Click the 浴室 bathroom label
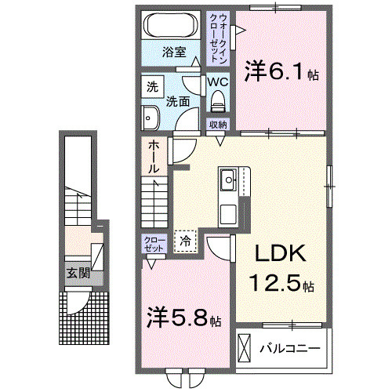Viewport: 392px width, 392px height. [x=174, y=53]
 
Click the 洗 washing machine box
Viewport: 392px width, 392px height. [x=152, y=87]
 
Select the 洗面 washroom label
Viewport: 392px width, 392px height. [x=176, y=100]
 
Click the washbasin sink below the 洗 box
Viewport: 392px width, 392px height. [x=151, y=118]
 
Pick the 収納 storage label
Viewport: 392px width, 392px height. [x=218, y=125]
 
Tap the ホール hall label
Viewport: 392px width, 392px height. [x=154, y=157]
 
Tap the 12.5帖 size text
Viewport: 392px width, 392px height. [x=282, y=283]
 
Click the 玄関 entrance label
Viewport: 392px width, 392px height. [x=77, y=273]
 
